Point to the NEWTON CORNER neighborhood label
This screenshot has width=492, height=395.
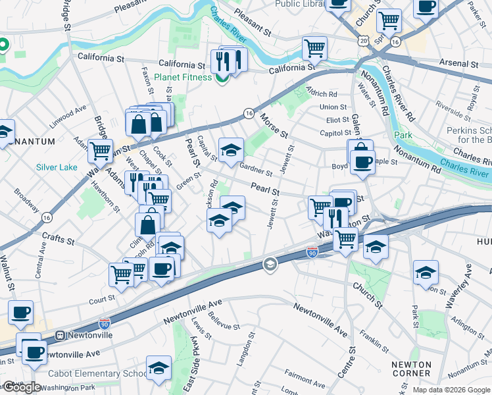(x=411, y=369)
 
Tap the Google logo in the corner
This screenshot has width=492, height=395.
(x=22, y=387)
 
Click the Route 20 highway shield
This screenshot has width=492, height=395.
(x=364, y=41)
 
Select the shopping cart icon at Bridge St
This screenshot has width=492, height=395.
(x=101, y=150)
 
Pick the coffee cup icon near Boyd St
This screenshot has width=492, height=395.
(x=362, y=161)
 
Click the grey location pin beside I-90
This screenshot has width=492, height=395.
(x=270, y=265)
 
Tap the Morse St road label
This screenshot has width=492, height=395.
(x=274, y=125)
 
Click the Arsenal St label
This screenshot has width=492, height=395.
(x=460, y=65)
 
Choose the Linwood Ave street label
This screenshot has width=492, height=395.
(x=67, y=120)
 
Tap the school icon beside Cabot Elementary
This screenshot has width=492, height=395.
(x=159, y=369)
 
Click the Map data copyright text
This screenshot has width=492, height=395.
(x=451, y=390)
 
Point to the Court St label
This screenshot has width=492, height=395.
(x=102, y=300)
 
